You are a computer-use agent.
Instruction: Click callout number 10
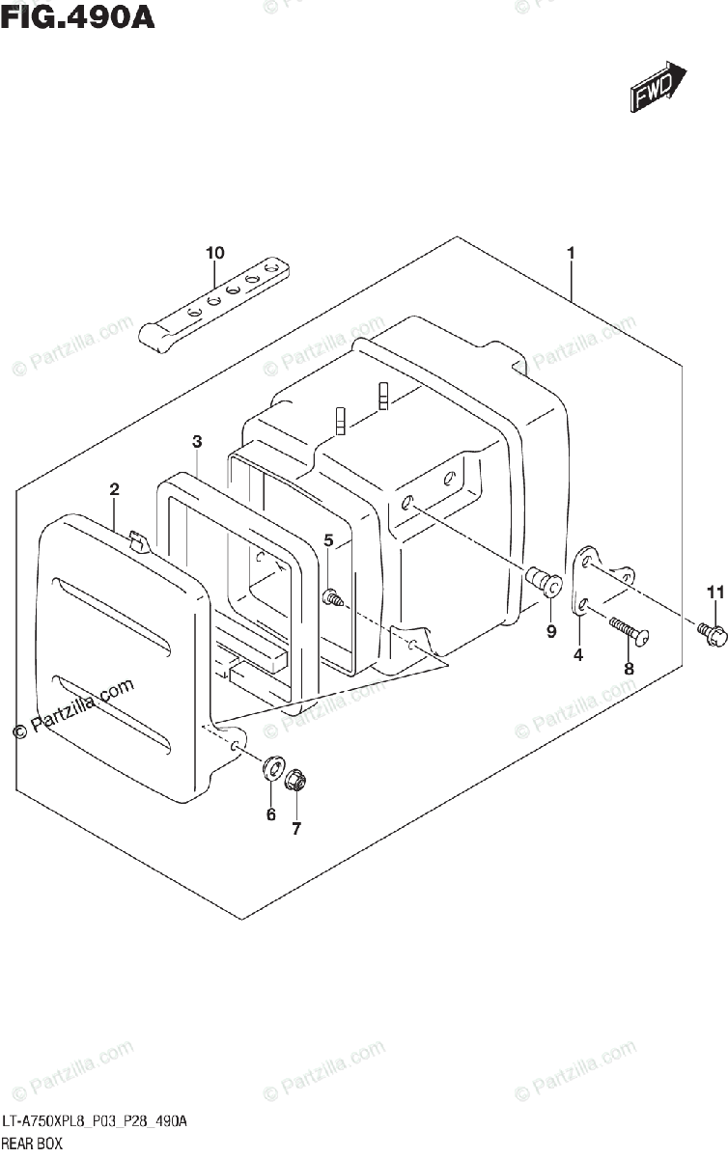[214, 253]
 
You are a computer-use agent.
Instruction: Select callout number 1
[571, 253]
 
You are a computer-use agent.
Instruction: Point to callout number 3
[196, 442]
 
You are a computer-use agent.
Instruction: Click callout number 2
[114, 490]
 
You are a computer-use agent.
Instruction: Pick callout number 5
[328, 540]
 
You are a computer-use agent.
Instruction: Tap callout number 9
[551, 632]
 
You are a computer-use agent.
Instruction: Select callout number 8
[628, 668]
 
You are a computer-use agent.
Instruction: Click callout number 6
[270, 814]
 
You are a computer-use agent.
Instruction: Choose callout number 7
[296, 828]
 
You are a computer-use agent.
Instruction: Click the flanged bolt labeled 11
[711, 632]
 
